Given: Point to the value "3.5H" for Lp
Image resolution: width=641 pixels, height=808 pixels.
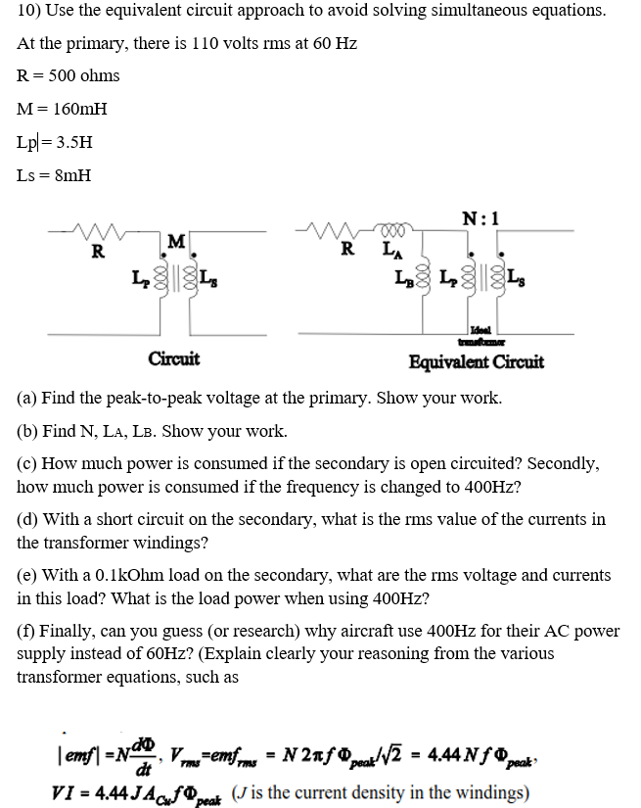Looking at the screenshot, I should point(75,142).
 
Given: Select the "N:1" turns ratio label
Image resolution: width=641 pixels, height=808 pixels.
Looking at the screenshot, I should point(482,219).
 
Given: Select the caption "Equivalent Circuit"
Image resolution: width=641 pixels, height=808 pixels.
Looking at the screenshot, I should point(477,362).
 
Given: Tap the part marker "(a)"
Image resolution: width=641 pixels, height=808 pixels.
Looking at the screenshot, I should point(28,399).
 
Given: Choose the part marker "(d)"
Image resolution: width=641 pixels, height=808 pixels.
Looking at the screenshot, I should point(28,519).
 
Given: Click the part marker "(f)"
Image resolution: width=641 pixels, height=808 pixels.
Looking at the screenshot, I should point(27,632).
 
